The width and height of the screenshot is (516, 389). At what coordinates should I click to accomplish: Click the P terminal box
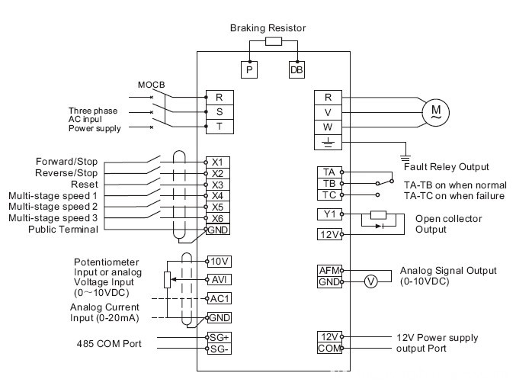[251, 69]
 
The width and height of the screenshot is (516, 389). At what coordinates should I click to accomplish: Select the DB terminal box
[296, 69]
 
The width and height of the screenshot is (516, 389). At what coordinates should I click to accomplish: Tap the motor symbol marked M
[435, 112]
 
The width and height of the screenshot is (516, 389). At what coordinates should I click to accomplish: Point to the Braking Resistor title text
[268, 28]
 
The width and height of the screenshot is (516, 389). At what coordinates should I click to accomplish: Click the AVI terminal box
[219, 278]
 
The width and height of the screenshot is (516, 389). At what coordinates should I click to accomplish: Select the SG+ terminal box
[219, 336]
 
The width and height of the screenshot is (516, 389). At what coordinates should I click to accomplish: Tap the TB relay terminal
[328, 184]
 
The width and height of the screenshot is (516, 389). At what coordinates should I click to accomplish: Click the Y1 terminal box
[328, 214]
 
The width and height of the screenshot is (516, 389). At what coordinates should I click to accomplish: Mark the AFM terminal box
[329, 270]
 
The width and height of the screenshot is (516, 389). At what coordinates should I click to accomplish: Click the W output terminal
[328, 127]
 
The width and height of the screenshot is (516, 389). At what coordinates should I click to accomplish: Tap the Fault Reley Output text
[446, 166]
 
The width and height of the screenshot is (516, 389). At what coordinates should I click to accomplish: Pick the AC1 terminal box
[219, 297]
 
